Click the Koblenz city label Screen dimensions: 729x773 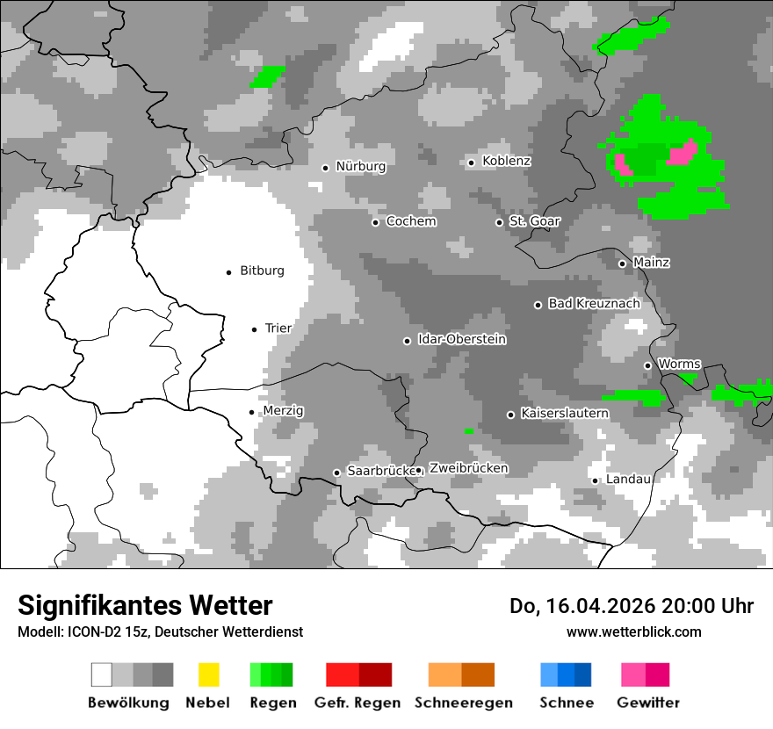506,162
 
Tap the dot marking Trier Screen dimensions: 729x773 255,329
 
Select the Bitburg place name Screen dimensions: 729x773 262,271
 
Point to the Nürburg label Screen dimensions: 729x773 360,167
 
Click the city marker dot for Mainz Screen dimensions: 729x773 622,263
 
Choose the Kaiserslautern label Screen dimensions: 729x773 564,413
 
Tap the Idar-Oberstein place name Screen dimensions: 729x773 462,340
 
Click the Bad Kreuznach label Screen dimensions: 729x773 594,304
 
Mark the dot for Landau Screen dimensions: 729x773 595,480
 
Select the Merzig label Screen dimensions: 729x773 283,411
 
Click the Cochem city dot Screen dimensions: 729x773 375,222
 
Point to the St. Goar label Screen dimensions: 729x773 534,221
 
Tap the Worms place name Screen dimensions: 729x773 679,364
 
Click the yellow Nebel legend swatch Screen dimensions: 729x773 208,675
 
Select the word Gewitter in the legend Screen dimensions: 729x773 648,703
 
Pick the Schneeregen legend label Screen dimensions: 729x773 464,703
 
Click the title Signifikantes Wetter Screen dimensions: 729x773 145,605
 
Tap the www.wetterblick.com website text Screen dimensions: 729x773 633,632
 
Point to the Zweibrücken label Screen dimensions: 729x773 468,469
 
